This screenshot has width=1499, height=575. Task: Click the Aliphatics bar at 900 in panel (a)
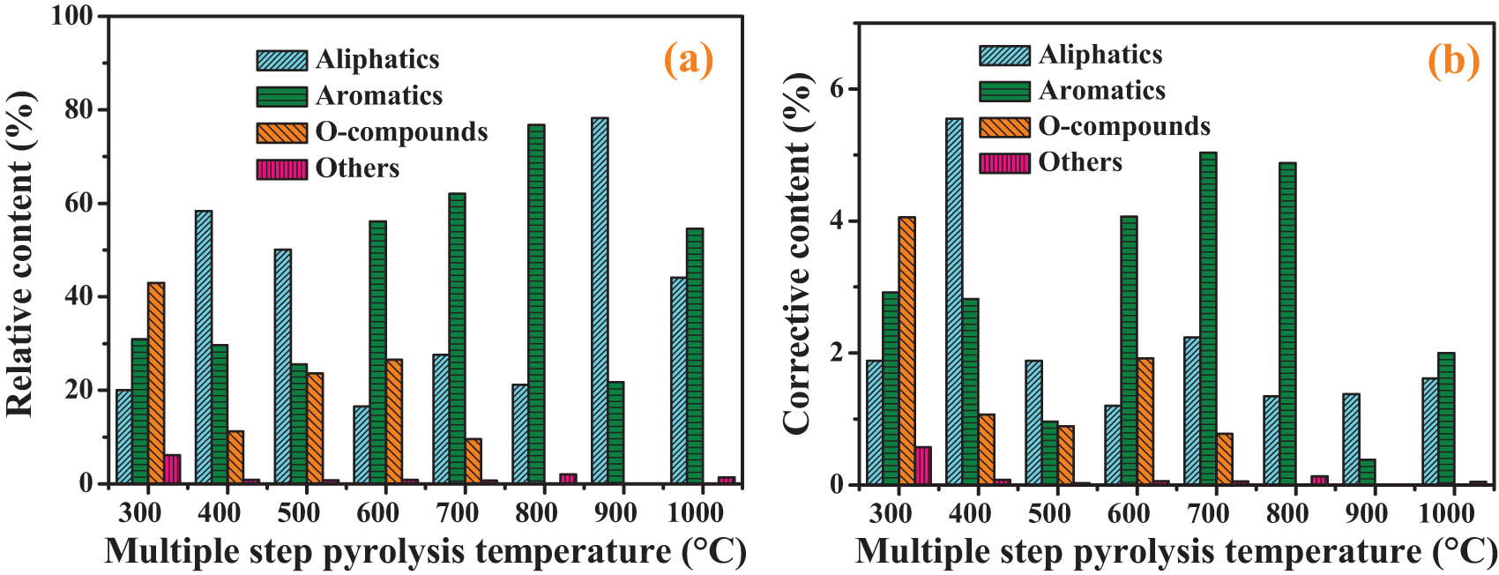click(x=600, y=300)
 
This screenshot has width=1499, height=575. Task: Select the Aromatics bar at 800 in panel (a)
click(x=536, y=303)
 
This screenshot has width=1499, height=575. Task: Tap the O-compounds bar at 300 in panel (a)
click(x=156, y=383)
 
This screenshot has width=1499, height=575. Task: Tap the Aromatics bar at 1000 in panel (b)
click(x=1446, y=419)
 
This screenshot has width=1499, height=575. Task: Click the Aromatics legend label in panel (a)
click(x=379, y=95)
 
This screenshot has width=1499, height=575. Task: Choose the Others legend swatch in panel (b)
click(x=1004, y=163)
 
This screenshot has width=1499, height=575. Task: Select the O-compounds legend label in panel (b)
click(x=1124, y=126)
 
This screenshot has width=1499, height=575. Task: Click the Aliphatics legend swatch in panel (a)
click(x=282, y=60)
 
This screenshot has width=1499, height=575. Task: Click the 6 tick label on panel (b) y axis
click(x=838, y=89)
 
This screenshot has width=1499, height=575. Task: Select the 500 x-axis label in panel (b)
click(x=1049, y=513)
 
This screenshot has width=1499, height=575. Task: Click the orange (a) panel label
click(x=688, y=60)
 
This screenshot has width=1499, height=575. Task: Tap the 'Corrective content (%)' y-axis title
click(x=796, y=254)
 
